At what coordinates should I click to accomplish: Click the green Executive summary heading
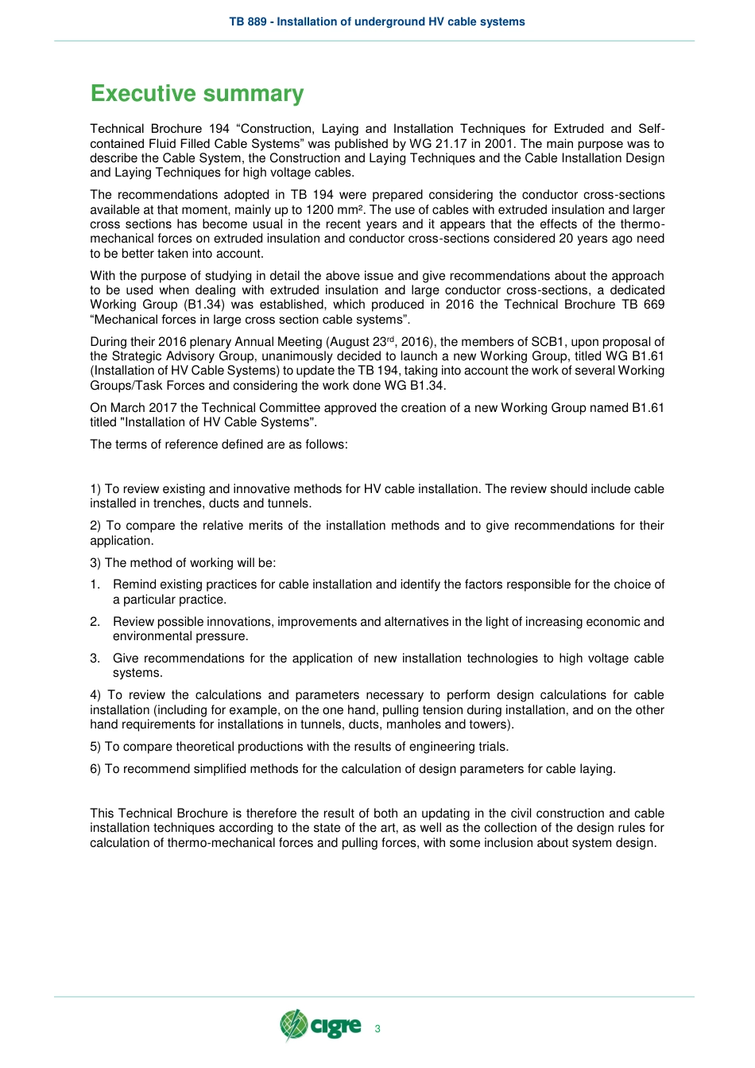click(x=197, y=94)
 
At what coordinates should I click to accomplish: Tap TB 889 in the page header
click(x=248, y=21)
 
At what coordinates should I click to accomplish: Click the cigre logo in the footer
click(x=320, y=1026)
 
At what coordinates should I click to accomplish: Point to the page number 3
click(x=377, y=1029)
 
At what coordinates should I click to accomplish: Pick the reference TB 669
click(x=643, y=305)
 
